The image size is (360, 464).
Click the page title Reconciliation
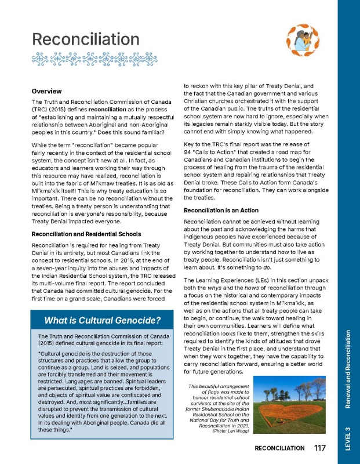coord(82,39)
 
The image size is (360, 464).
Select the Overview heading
coord(46,92)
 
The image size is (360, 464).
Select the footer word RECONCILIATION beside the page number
coord(279,448)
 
